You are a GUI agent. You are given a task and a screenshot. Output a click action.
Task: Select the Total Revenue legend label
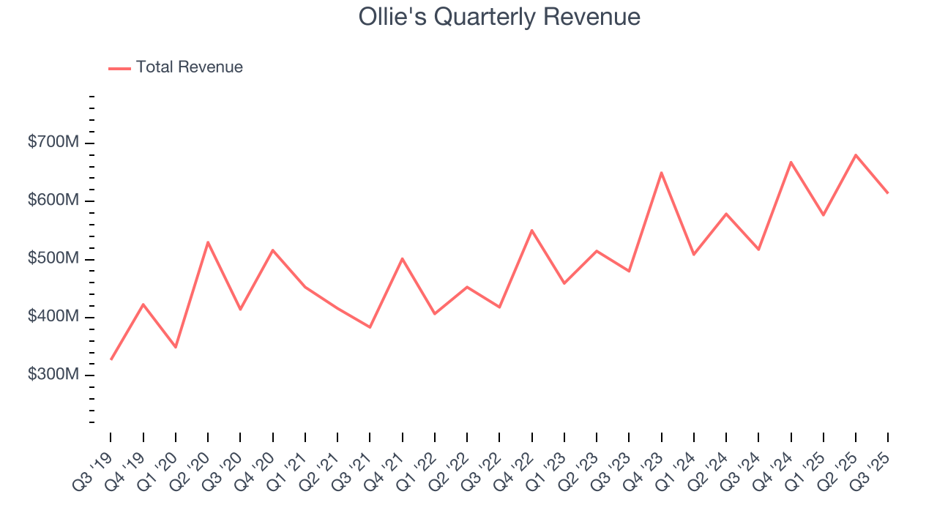(x=189, y=67)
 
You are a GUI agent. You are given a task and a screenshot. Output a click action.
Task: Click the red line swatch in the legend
(x=119, y=68)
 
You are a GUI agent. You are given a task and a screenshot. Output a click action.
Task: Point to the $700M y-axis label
(x=53, y=142)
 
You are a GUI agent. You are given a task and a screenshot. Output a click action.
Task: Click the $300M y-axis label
(x=53, y=375)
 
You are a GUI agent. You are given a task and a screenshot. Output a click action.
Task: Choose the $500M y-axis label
(x=53, y=258)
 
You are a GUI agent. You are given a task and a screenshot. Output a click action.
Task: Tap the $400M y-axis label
(x=53, y=316)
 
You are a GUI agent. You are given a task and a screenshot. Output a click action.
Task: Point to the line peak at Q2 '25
(x=856, y=155)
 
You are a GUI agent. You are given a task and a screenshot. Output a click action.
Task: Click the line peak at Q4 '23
(x=661, y=173)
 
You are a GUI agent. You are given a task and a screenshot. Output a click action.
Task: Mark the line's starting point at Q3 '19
(x=111, y=359)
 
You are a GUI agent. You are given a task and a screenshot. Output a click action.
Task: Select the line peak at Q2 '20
(x=208, y=242)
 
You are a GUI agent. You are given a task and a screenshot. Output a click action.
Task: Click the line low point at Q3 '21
(x=370, y=327)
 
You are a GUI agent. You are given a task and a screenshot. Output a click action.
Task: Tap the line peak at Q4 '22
(x=531, y=231)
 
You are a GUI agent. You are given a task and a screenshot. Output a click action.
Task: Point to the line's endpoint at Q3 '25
(x=888, y=193)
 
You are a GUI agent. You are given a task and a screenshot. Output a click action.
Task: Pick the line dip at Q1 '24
(x=693, y=255)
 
